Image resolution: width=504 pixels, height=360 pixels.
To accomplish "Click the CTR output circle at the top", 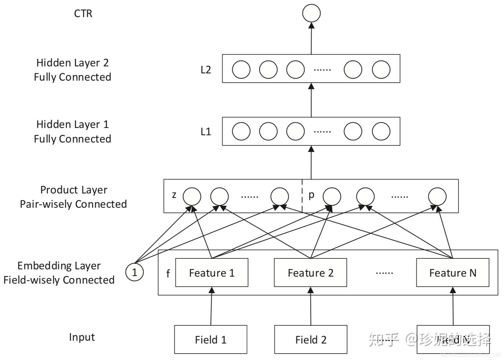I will pyautogui.click(x=311, y=13).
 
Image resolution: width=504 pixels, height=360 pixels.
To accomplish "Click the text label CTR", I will pyautogui.click(x=83, y=13).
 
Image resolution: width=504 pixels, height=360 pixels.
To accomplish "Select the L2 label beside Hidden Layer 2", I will pyautogui.click(x=206, y=70).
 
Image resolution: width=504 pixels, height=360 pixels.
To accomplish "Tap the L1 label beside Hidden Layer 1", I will pyautogui.click(x=206, y=132).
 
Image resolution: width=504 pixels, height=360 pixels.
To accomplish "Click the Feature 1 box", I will pyautogui.click(x=212, y=273).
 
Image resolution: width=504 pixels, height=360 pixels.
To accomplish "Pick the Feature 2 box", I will pyautogui.click(x=310, y=273).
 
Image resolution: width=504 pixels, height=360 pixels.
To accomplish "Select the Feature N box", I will pyautogui.click(x=453, y=273).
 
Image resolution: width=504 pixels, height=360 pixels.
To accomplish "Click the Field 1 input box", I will pyautogui.click(x=211, y=340).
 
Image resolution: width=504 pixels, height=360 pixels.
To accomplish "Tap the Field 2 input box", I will pyautogui.click(x=311, y=340).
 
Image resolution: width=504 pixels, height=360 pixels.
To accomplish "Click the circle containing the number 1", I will pyautogui.click(x=135, y=272).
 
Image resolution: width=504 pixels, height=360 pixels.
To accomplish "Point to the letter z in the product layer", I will pyautogui.click(x=174, y=195).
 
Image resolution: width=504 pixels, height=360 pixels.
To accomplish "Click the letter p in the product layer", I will pyautogui.click(x=311, y=195).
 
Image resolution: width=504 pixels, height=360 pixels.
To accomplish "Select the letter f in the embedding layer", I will pyautogui.click(x=168, y=273).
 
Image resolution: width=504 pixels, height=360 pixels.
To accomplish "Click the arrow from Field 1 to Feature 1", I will pyautogui.click(x=211, y=307).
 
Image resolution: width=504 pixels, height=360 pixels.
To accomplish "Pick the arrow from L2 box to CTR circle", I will pyautogui.click(x=311, y=39).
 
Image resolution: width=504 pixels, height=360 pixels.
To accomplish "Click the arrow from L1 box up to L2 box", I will pyautogui.click(x=311, y=101).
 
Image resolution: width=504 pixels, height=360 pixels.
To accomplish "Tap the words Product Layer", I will pyautogui.click(x=74, y=190).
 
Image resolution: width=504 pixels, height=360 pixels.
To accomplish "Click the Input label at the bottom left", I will pyautogui.click(x=82, y=337).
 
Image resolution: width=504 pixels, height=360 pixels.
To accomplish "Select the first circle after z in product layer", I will pyautogui.click(x=192, y=196).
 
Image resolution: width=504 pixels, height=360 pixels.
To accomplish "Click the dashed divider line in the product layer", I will pyautogui.click(x=302, y=196).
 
